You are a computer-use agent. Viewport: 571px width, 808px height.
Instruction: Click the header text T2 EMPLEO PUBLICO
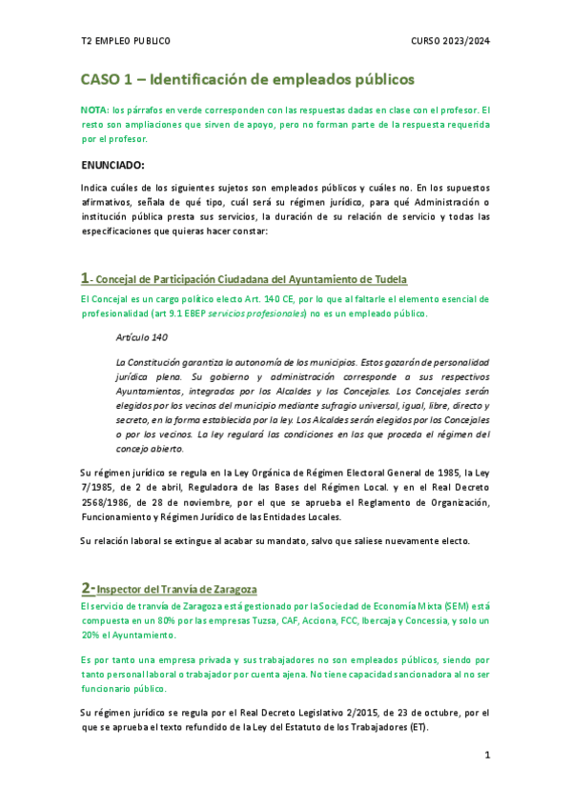pos(126,41)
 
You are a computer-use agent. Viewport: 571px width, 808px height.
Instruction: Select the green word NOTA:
pos(94,111)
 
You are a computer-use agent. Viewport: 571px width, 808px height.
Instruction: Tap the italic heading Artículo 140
pos(141,338)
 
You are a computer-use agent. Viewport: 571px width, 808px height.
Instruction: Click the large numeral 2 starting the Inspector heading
pos(86,588)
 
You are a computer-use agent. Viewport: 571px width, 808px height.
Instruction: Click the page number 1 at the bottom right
pos(487,756)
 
